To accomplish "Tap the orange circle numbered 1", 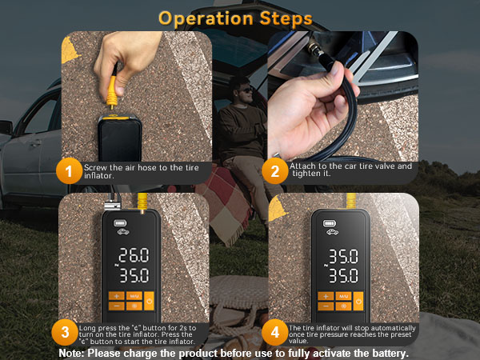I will pos(70,170).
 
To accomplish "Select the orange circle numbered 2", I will pos(274,170).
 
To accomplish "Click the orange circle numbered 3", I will pos(64,331).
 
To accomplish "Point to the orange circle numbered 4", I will pos(274,331).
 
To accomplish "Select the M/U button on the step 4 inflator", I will pos(342,296).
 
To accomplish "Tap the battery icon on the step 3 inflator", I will pos(121,223).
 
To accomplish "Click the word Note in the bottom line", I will pos(71,353).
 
